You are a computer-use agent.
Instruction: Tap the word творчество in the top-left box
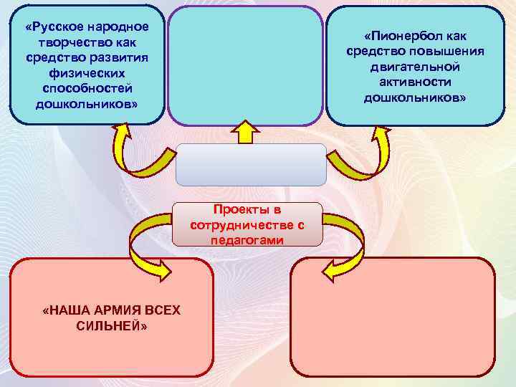(70, 42)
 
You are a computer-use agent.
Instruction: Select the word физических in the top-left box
(86, 73)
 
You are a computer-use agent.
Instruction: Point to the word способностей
(86, 88)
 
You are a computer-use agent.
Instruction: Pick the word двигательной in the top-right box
(415, 67)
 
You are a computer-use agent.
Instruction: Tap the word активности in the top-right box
(415, 82)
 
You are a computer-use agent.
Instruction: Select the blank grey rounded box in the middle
(251, 164)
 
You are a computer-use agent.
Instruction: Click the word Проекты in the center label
(247, 209)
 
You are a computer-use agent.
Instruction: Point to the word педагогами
(247, 240)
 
